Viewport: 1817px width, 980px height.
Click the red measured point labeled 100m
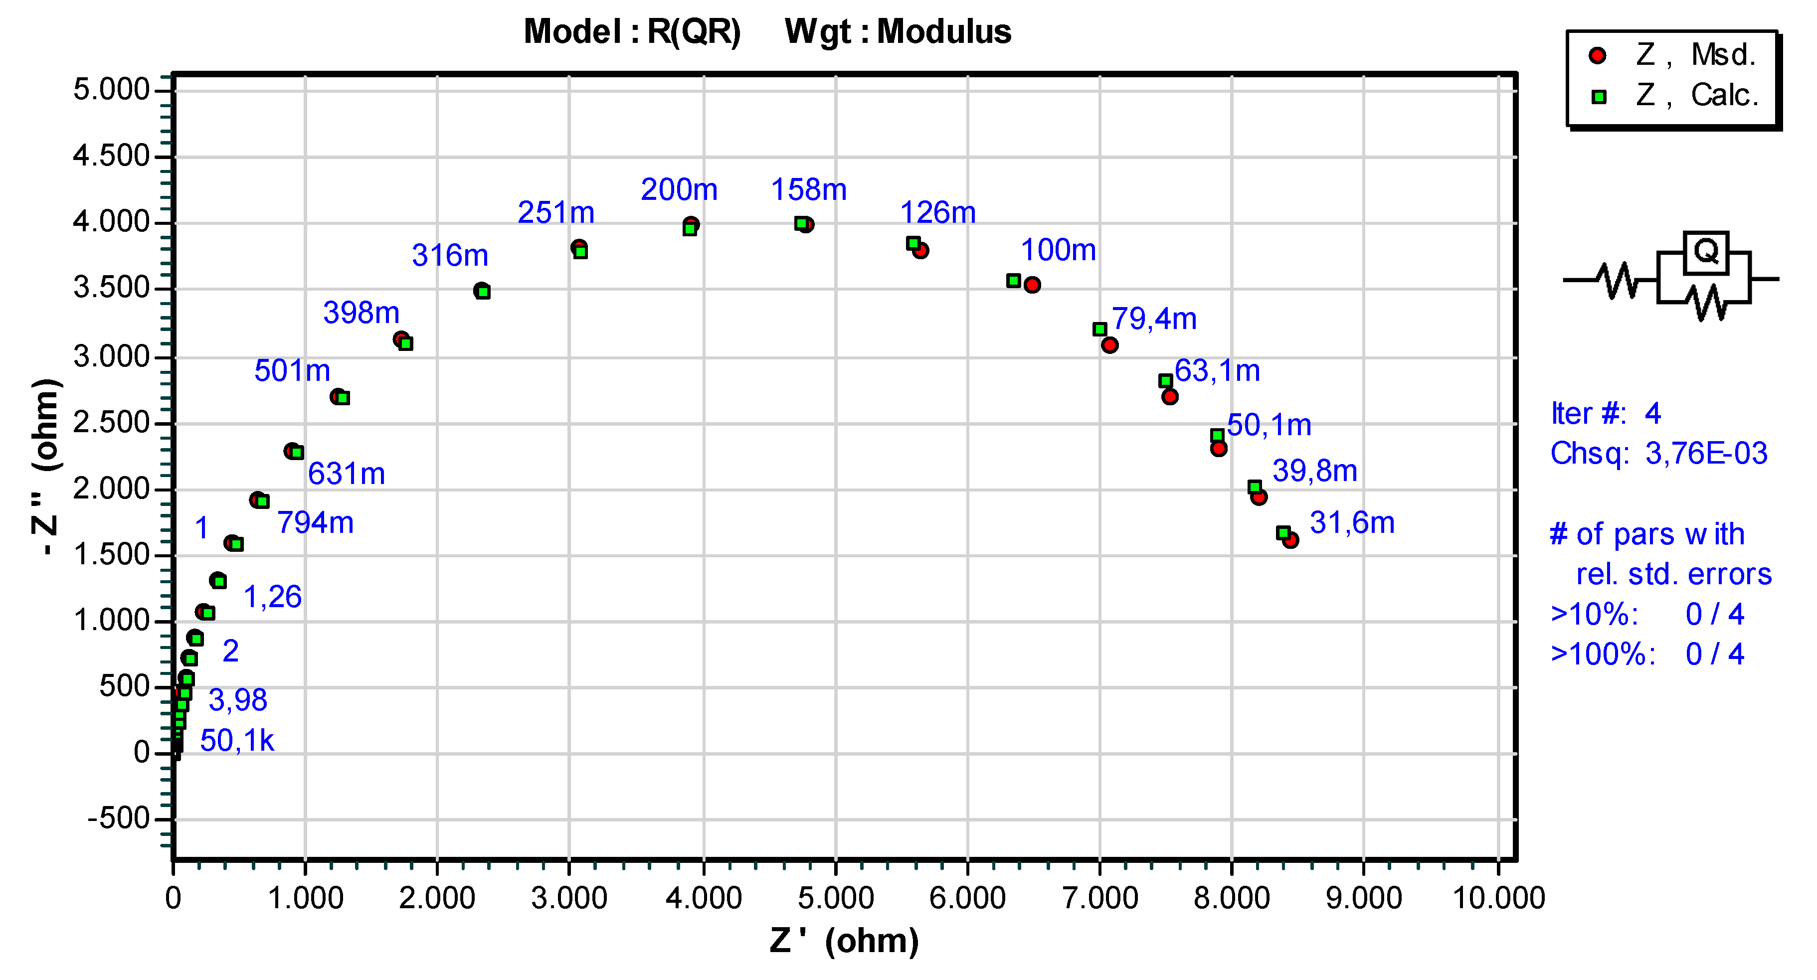[1032, 285]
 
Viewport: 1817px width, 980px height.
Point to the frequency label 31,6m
[1351, 523]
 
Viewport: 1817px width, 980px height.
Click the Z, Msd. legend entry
[1672, 55]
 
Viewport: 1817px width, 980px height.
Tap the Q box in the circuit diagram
[1705, 252]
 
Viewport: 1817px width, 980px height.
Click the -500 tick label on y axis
[119, 819]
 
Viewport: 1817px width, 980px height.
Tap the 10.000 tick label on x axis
[1498, 898]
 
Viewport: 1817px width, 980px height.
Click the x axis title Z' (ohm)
[844, 941]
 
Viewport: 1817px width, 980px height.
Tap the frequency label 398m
[361, 313]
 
